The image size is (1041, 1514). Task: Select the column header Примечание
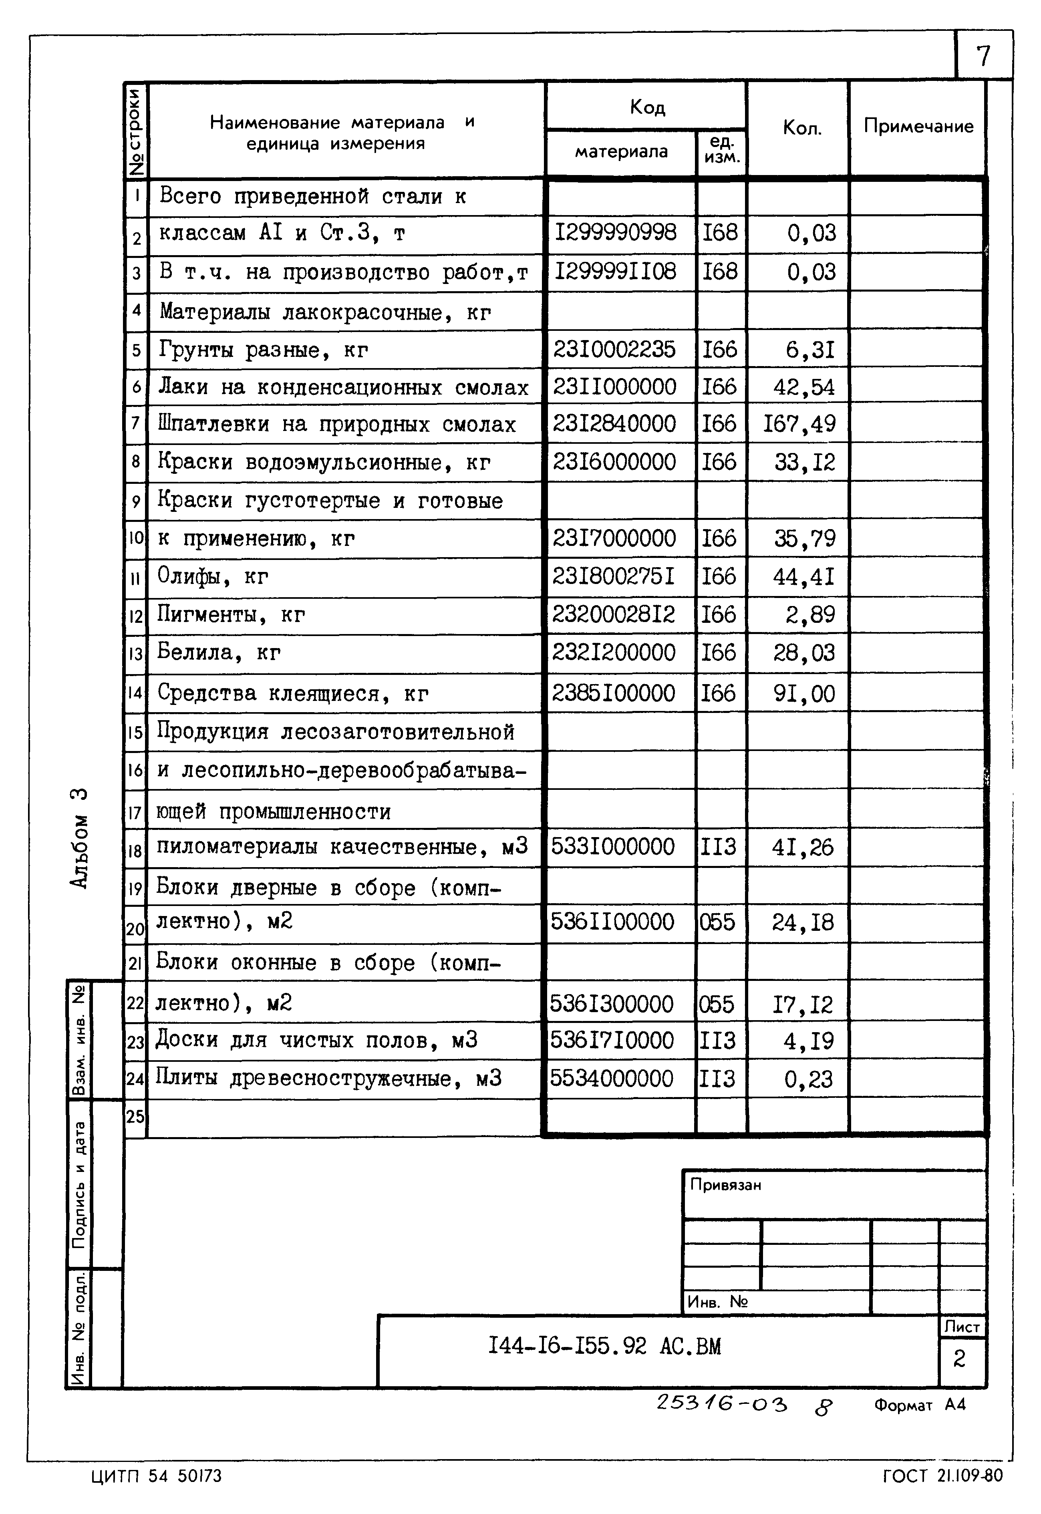918,126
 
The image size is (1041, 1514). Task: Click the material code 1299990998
615,232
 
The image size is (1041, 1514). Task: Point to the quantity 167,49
799,424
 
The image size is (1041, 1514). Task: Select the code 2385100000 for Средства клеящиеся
613,693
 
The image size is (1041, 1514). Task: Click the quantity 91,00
803,693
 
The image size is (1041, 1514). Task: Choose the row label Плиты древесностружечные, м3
328,1078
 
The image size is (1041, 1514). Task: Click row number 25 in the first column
135,1116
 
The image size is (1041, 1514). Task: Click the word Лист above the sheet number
961,1327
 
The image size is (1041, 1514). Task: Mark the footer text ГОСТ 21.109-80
942,1476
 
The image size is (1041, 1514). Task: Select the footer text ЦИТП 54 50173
157,1476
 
